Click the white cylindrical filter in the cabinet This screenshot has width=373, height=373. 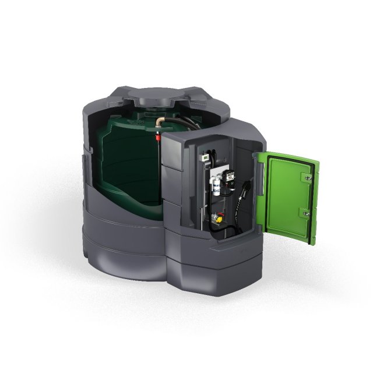click(x=215, y=185)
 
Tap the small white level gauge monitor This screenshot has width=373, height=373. click(x=206, y=158)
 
